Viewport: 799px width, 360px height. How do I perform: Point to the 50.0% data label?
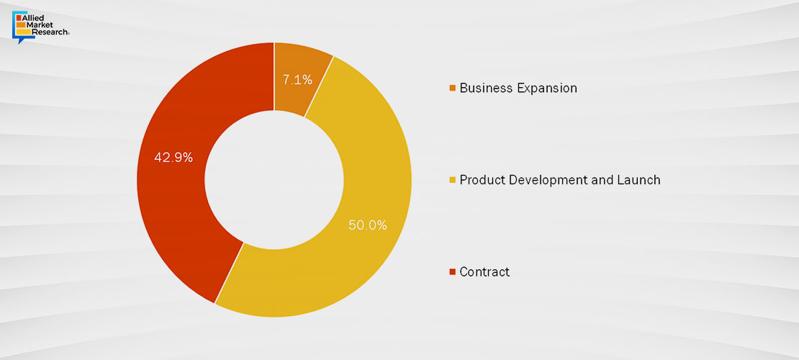coord(368,225)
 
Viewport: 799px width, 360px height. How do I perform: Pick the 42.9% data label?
coord(173,158)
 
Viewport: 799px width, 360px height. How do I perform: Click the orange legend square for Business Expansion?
coord(453,89)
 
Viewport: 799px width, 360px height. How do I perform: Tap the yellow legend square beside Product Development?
coord(453,180)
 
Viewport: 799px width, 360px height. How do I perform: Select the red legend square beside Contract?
coord(453,272)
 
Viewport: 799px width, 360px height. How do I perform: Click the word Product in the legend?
coord(482,180)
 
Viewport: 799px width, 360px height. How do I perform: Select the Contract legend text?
coord(484,272)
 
